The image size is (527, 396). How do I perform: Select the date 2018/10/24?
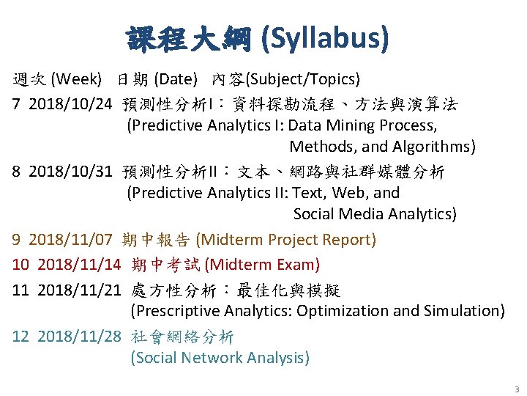[x=70, y=105]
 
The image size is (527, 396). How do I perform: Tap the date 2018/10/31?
[x=70, y=172]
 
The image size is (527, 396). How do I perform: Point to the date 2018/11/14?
[x=79, y=265]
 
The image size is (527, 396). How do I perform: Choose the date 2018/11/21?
[x=79, y=290]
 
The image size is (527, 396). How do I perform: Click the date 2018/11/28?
[x=79, y=337]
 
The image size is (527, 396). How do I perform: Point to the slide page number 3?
[x=516, y=389]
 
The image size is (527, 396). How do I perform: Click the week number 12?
[x=20, y=337]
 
